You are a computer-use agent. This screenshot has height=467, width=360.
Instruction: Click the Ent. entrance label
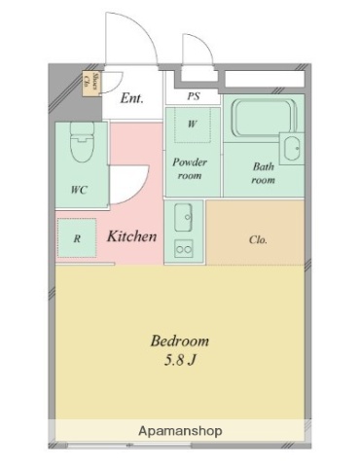131,97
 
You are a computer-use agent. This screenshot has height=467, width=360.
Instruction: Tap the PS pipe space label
193,96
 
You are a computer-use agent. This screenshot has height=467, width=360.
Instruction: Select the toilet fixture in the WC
82,147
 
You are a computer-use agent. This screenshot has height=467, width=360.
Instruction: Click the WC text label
79,190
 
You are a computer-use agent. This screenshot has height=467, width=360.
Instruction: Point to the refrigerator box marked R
76,237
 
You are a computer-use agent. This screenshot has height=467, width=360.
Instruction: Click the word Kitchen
132,236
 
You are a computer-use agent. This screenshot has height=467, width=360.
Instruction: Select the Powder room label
191,169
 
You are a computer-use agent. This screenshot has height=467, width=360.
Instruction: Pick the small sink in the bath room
289,148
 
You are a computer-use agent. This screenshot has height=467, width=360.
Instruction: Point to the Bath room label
264,173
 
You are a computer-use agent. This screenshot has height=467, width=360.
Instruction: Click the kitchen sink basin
184,215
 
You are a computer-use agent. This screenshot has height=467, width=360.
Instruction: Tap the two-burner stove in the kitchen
184,249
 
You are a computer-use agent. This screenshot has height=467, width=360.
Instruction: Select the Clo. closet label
258,238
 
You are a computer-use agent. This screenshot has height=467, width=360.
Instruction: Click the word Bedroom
179,341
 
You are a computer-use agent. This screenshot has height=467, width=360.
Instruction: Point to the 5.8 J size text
179,362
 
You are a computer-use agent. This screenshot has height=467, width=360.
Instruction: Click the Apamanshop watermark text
179,429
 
